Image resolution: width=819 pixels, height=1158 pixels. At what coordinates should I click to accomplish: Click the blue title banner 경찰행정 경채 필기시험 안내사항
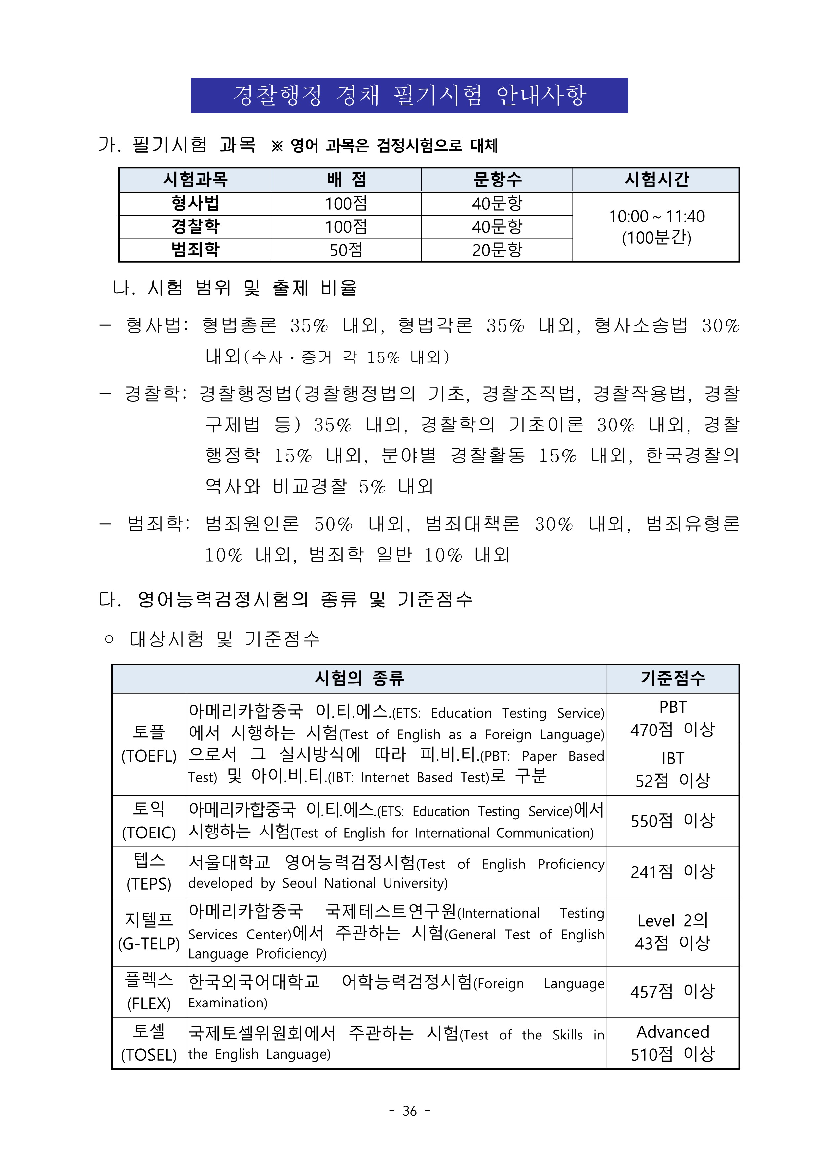coord(409,95)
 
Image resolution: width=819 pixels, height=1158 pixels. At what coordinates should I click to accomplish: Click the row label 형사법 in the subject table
coord(195,203)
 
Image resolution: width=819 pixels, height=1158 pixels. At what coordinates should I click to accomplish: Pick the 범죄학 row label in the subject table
coord(195,250)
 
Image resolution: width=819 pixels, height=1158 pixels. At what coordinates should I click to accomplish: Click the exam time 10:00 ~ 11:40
coord(656,216)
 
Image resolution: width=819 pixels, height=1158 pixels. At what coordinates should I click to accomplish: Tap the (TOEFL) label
coord(149,756)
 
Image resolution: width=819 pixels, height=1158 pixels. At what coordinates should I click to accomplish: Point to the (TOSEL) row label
coord(149,1055)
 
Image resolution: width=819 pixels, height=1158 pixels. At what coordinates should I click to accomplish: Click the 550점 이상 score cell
coord(673,821)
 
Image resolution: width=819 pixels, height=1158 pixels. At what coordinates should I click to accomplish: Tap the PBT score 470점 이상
coord(673,729)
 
